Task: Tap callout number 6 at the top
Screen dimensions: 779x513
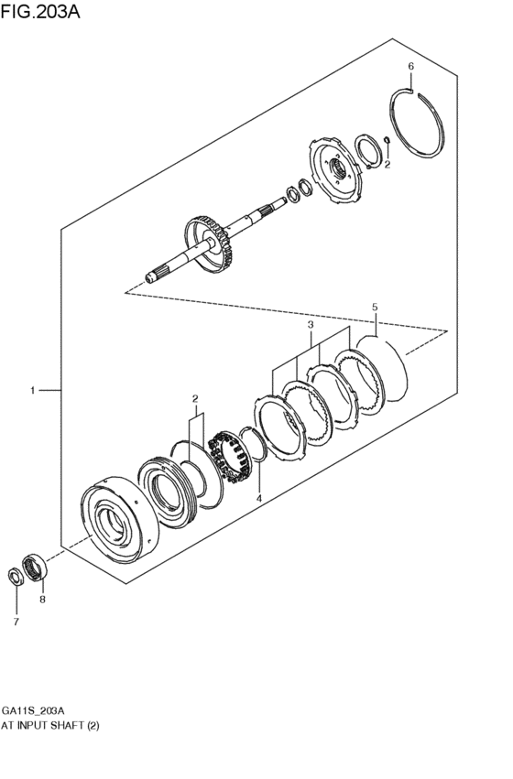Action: (x=410, y=67)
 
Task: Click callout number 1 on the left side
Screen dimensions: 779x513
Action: (x=32, y=391)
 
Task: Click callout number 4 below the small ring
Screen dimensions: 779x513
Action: (x=258, y=498)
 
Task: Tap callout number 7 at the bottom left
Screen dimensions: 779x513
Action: (x=15, y=622)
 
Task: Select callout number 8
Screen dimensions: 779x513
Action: (x=42, y=600)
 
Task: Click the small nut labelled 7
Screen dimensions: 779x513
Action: (x=16, y=575)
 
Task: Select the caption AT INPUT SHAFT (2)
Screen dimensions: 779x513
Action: (x=49, y=725)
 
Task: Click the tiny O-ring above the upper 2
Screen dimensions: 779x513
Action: (x=387, y=140)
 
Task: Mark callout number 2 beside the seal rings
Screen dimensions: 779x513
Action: (x=194, y=398)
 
